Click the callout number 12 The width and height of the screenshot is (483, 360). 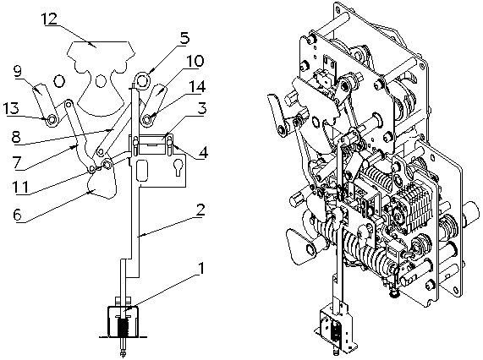[x=50, y=19]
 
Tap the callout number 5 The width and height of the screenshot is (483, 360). [x=184, y=39]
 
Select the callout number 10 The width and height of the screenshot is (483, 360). [x=195, y=61]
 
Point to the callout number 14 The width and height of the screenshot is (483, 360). [x=197, y=86]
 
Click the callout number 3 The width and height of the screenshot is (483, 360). [x=201, y=109]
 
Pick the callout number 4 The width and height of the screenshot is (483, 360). [x=202, y=152]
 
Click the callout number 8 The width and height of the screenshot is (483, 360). [x=17, y=136]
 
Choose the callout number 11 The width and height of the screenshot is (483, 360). [x=20, y=187]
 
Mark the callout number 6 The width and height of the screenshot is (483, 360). [x=18, y=215]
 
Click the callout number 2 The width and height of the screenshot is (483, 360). [x=200, y=210]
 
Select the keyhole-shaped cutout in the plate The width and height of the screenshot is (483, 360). [x=178, y=167]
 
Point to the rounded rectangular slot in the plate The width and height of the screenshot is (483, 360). [x=142, y=170]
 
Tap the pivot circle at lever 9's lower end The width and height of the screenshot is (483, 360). [x=52, y=119]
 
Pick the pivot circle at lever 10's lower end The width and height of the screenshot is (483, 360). [x=148, y=118]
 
